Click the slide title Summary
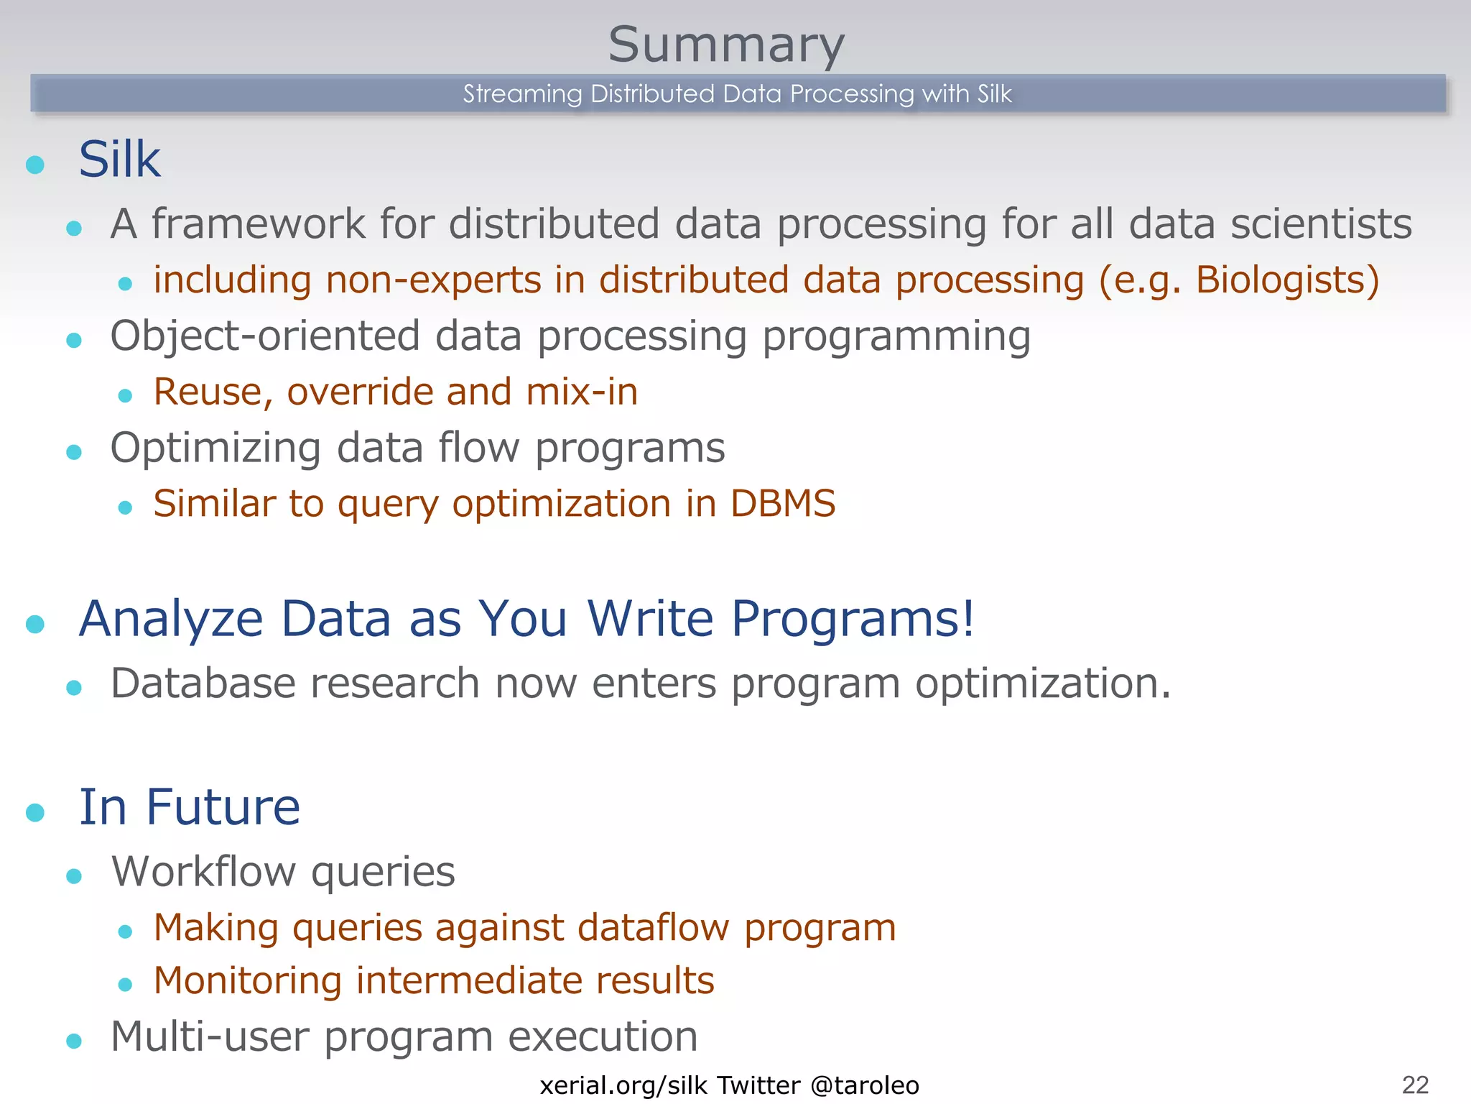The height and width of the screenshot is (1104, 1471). coord(726,45)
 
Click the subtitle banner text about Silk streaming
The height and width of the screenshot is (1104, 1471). coord(737,93)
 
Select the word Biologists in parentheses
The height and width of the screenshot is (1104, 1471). coord(1279,280)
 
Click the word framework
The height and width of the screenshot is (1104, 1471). coord(258,224)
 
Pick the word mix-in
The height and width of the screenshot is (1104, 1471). coord(581,392)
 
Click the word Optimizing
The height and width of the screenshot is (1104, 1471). coord(215,448)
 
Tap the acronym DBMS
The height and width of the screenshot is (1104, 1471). coord(782,503)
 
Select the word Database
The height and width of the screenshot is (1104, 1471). coord(203,683)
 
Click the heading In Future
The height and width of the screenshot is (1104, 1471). coord(189,807)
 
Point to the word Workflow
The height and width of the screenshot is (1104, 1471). coord(203,871)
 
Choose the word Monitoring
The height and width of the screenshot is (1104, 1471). coord(247,980)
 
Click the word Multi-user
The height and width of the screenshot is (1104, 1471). coord(209,1036)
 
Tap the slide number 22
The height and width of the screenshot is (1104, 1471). coord(1414,1085)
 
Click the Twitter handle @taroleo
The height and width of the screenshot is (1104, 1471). coord(864,1085)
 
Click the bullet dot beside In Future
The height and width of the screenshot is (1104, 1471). coord(35,813)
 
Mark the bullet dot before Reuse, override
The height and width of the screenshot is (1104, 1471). coord(125,395)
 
